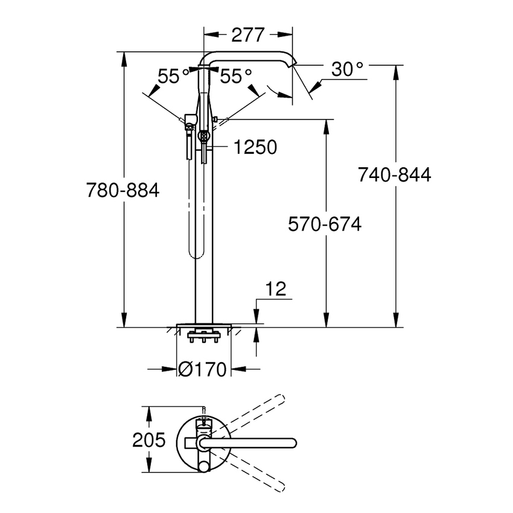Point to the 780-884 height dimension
(123, 191)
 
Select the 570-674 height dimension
(325, 225)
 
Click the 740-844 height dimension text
(395, 175)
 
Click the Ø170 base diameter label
(202, 368)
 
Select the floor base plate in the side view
(203, 326)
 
